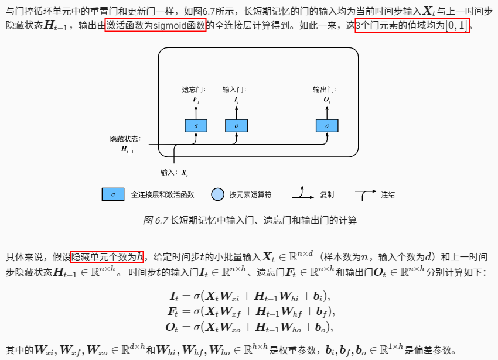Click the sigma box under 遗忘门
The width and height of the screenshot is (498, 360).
[x=196, y=126]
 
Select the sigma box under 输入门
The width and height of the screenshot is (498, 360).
[x=236, y=126]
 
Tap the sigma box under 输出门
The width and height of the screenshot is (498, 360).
[x=327, y=126]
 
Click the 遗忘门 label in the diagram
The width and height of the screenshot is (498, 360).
[x=193, y=90]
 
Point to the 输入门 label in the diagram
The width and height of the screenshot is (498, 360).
[x=234, y=90]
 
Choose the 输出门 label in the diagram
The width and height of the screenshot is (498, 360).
[x=325, y=90]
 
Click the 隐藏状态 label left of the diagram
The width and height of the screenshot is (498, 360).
[x=125, y=139]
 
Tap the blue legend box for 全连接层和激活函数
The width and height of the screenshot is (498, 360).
[x=112, y=194]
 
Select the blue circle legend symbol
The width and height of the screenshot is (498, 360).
[x=217, y=194]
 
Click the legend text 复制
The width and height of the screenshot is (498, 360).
[x=327, y=194]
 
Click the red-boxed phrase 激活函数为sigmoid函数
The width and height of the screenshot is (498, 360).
[x=155, y=27]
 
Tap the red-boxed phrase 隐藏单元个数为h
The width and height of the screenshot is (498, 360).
[x=107, y=256]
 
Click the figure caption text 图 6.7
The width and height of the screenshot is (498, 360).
[x=155, y=221]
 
